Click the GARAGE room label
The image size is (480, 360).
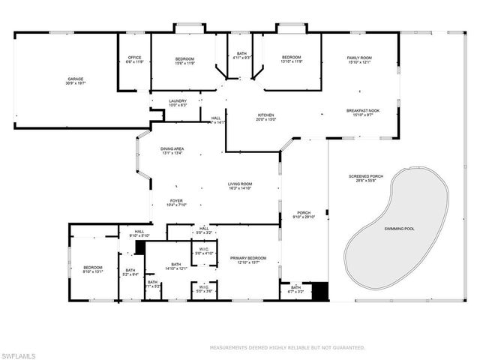(x=75, y=79)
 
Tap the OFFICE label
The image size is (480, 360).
(x=134, y=58)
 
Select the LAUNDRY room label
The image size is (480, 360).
(x=178, y=101)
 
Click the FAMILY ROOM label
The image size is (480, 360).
(x=358, y=58)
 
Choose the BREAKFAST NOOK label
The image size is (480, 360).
(x=363, y=110)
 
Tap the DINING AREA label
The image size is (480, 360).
(x=172, y=149)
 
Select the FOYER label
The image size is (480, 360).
(x=176, y=201)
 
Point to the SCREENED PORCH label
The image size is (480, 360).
(x=366, y=177)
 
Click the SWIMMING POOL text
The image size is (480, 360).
(x=399, y=228)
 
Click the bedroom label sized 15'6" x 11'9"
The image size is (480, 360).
(x=185, y=58)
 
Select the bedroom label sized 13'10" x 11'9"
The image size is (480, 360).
(x=291, y=58)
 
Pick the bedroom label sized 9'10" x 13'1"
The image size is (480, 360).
(x=93, y=268)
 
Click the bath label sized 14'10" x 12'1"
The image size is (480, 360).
(x=176, y=265)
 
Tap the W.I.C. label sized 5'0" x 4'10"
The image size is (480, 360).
(x=204, y=250)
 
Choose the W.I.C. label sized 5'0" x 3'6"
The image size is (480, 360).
(x=204, y=287)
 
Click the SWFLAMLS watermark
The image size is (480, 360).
(x=19, y=352)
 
